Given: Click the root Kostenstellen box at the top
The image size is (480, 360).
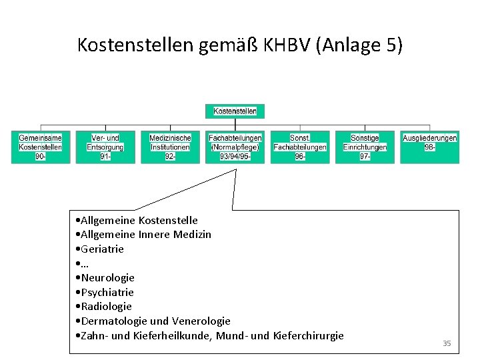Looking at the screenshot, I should pyautogui.click(x=235, y=111).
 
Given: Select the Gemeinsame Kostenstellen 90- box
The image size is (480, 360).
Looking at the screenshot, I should pyautogui.click(x=41, y=147).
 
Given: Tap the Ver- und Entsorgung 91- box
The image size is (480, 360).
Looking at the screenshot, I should pyautogui.click(x=105, y=147).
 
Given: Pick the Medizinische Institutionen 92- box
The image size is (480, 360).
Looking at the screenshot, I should pyautogui.click(x=170, y=147).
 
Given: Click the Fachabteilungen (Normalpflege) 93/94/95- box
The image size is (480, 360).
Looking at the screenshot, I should pyautogui.click(x=235, y=147).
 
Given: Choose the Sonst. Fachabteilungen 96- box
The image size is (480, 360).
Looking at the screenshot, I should pyautogui.click(x=300, y=147).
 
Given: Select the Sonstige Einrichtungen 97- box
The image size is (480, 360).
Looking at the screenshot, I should pyautogui.click(x=365, y=147).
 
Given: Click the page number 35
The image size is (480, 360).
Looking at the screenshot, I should pyautogui.click(x=447, y=343).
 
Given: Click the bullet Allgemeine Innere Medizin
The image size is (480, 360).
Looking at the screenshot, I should pyautogui.click(x=144, y=235).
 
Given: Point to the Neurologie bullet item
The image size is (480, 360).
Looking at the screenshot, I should pyautogui.click(x=106, y=277).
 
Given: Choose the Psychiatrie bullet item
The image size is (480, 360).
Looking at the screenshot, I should pyautogui.click(x=106, y=292).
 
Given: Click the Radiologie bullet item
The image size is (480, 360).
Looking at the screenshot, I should pyautogui.click(x=105, y=307).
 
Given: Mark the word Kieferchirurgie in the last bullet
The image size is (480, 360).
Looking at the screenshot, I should pyautogui.click(x=309, y=335).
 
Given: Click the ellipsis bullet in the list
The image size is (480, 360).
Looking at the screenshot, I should pyautogui.click(x=83, y=263).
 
